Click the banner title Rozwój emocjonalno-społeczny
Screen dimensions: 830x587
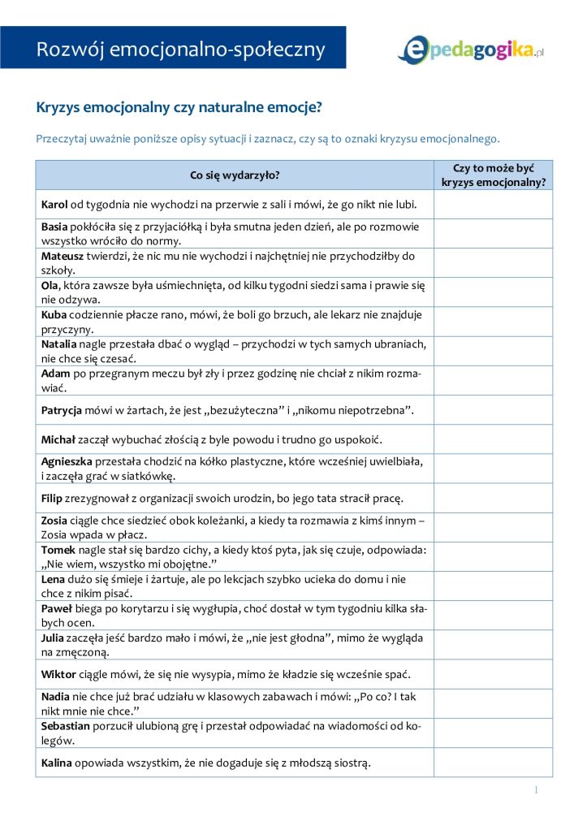(x=180, y=50)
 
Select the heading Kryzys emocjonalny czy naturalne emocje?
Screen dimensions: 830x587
(x=179, y=107)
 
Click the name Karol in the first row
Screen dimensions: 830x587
(x=54, y=204)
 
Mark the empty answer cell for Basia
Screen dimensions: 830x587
(x=493, y=234)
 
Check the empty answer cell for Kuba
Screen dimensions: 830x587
(x=493, y=322)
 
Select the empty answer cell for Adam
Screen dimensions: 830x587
(x=493, y=380)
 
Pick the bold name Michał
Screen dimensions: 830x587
(x=58, y=439)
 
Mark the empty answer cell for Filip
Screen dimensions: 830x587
(x=493, y=498)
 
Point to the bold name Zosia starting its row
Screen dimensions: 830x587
(x=55, y=520)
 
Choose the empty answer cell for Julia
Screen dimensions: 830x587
(x=493, y=644)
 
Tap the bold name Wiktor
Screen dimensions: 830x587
(x=58, y=674)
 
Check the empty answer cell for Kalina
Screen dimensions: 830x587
(x=493, y=763)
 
